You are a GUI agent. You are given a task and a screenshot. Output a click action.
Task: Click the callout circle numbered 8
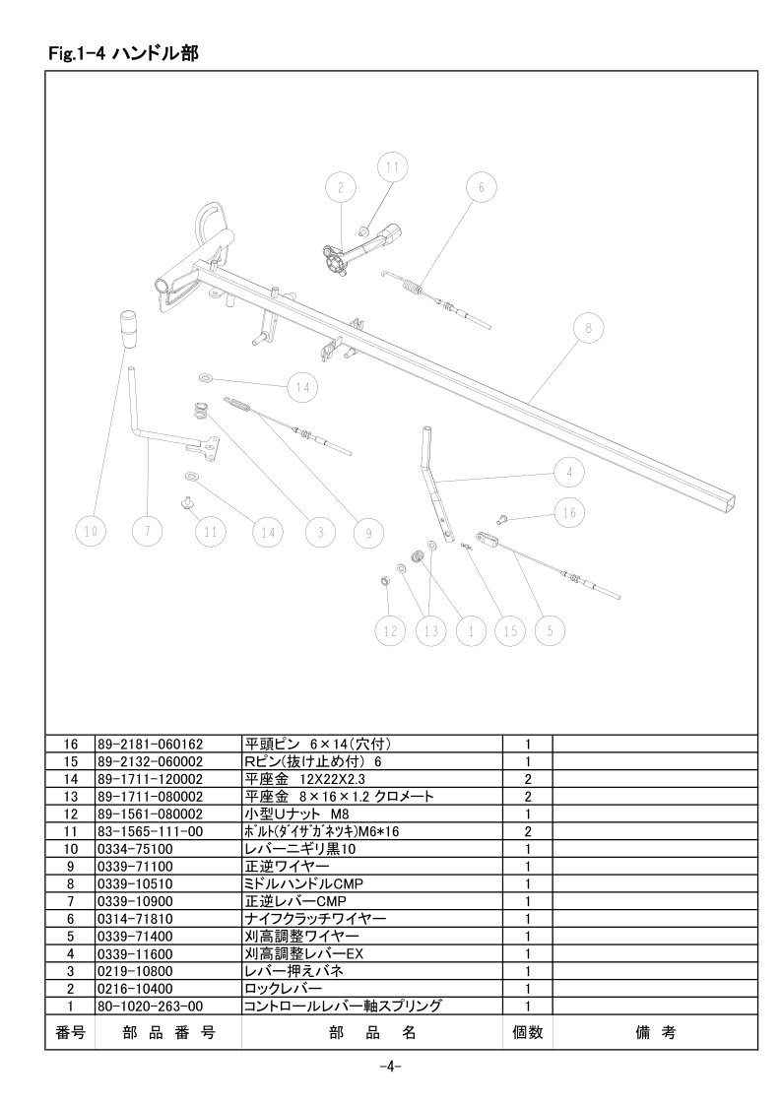click(x=588, y=328)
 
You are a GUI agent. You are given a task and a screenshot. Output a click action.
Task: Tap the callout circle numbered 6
click(x=482, y=187)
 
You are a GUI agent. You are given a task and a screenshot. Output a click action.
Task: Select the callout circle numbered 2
click(x=341, y=187)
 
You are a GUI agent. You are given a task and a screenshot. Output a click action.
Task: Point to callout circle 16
click(x=569, y=512)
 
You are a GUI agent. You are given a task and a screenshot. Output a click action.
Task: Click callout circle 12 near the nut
click(x=390, y=630)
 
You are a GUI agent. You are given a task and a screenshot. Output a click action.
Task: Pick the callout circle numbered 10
click(x=91, y=532)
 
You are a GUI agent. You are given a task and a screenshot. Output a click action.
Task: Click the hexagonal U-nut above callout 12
click(x=385, y=581)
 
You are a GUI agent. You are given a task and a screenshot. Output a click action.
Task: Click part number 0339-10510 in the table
click(x=134, y=883)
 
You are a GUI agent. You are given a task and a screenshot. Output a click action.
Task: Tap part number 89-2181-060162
click(x=150, y=744)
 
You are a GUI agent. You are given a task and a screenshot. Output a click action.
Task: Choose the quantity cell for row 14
click(x=527, y=779)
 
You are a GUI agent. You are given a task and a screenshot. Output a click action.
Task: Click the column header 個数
click(x=527, y=1032)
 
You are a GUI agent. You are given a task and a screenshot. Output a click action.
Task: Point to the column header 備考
click(x=655, y=1032)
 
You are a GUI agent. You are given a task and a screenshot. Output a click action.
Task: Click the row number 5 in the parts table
click(x=70, y=937)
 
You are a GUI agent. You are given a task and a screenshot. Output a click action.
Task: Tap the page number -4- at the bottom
click(x=390, y=1067)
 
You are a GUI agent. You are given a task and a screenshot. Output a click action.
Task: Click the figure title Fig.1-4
click(x=77, y=53)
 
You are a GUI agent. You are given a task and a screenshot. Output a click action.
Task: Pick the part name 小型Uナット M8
click(x=292, y=813)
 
